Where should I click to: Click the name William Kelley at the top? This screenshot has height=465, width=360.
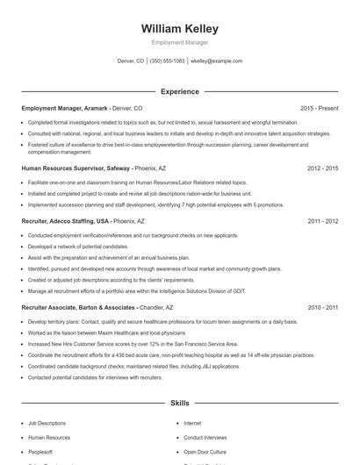pyautogui.click(x=180, y=29)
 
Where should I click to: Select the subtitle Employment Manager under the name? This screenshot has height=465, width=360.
pyautogui.click(x=180, y=42)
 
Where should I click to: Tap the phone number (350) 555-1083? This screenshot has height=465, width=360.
pyautogui.click(x=167, y=61)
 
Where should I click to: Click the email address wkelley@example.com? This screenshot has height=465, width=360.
pyautogui.click(x=216, y=61)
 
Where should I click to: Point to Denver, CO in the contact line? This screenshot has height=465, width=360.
pyautogui.click(x=130, y=61)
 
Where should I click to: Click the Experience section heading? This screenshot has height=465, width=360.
pyautogui.click(x=180, y=91)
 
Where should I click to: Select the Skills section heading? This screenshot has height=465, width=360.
pyautogui.click(x=180, y=403)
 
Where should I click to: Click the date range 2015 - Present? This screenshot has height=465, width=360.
pyautogui.click(x=319, y=108)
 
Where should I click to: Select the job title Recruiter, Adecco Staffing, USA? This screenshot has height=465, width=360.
pyautogui.click(x=66, y=222)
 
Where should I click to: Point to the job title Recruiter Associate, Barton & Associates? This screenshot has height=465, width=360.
pyautogui.click(x=78, y=308)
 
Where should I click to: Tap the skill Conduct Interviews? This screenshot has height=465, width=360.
pyautogui.click(x=205, y=437)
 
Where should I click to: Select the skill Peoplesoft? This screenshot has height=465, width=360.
pyautogui.click(x=42, y=451)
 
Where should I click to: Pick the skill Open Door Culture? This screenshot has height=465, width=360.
pyautogui.click(x=206, y=451)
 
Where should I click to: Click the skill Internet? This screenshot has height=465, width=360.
pyautogui.click(x=192, y=423)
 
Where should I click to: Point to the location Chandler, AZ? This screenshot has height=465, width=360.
pyautogui.click(x=157, y=308)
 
